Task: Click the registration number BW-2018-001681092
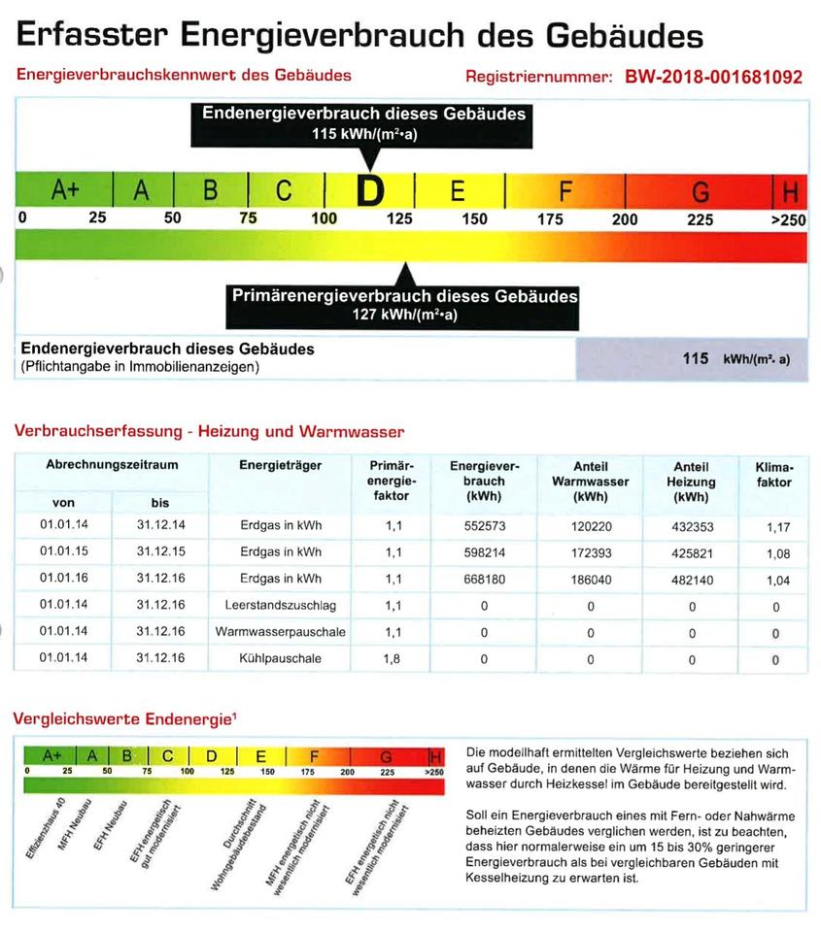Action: click(x=714, y=77)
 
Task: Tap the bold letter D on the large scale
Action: click(x=369, y=191)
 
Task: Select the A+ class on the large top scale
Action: click(x=64, y=190)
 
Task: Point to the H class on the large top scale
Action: click(x=788, y=191)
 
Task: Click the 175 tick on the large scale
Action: click(x=550, y=219)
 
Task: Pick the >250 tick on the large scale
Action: click(x=788, y=219)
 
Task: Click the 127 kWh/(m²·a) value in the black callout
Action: click(x=403, y=315)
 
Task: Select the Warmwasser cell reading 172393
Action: click(x=590, y=552)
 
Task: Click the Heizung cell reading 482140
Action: click(x=692, y=580)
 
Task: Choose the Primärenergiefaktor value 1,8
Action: click(x=393, y=659)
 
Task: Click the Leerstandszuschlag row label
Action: click(x=280, y=606)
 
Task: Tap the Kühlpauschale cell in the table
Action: click(x=280, y=659)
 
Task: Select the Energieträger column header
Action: click(x=280, y=465)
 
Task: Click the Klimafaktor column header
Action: click(x=773, y=474)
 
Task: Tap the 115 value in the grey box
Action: click(x=695, y=358)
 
